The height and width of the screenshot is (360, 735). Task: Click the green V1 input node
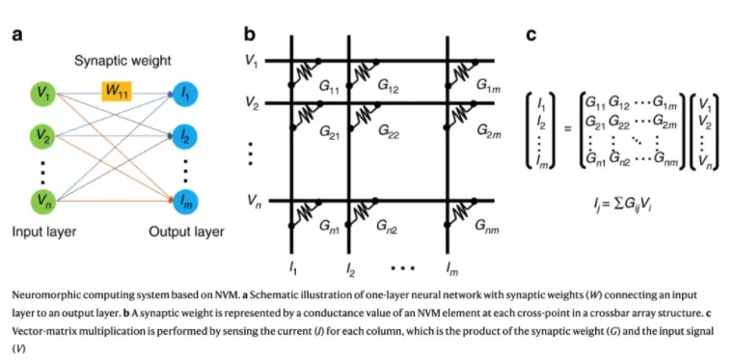tap(43, 95)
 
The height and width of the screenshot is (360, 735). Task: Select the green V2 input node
tap(43, 136)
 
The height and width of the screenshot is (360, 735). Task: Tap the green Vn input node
tap(43, 201)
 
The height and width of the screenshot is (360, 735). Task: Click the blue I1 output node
tap(185, 95)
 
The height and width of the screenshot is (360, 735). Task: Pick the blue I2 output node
tap(185, 136)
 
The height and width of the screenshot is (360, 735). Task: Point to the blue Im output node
tap(185, 201)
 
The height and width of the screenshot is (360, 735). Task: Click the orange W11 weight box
tap(117, 91)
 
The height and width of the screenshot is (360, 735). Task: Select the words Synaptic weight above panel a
tap(122, 61)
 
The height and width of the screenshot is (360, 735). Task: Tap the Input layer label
tap(44, 232)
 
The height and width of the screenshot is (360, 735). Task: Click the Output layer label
tap(186, 232)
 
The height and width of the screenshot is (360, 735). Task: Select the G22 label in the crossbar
tap(387, 132)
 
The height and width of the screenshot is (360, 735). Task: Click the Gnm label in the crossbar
tap(487, 229)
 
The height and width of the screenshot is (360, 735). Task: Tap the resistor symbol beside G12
tap(362, 72)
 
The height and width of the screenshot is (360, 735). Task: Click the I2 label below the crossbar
tap(349, 269)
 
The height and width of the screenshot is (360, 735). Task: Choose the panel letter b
tap(250, 35)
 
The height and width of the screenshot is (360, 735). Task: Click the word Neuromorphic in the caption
tap(41, 295)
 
